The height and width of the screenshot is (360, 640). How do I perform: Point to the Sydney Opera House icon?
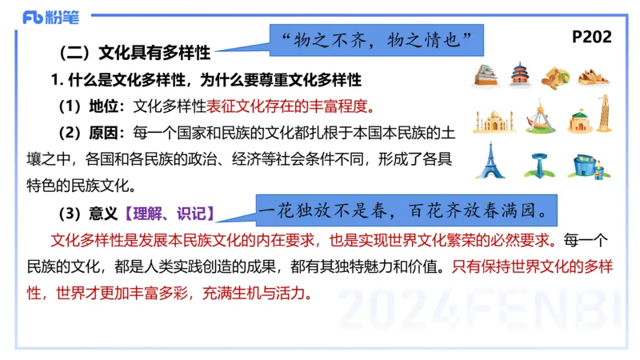593,76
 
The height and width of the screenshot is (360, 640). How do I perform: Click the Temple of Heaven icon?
520,75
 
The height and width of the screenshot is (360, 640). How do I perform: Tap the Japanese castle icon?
486,75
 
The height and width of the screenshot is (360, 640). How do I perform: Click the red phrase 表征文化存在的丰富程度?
290,106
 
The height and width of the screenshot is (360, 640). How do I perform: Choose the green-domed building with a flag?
580,120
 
